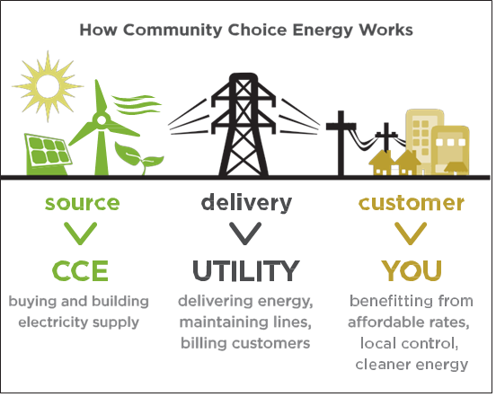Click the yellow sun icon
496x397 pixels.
48,86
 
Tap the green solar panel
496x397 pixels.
48,154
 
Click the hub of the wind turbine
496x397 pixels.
102,120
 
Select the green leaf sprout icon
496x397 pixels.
138,158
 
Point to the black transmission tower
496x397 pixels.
244,125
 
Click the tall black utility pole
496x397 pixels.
341,143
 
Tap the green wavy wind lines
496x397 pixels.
137,105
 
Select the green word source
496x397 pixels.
83,203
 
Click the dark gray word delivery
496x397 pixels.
246,203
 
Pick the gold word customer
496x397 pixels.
412,203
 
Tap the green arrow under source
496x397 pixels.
80,234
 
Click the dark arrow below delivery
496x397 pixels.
245,234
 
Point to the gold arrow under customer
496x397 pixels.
411,234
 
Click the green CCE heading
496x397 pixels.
80,271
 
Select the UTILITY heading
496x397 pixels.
246,271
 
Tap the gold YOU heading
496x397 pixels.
412,271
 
